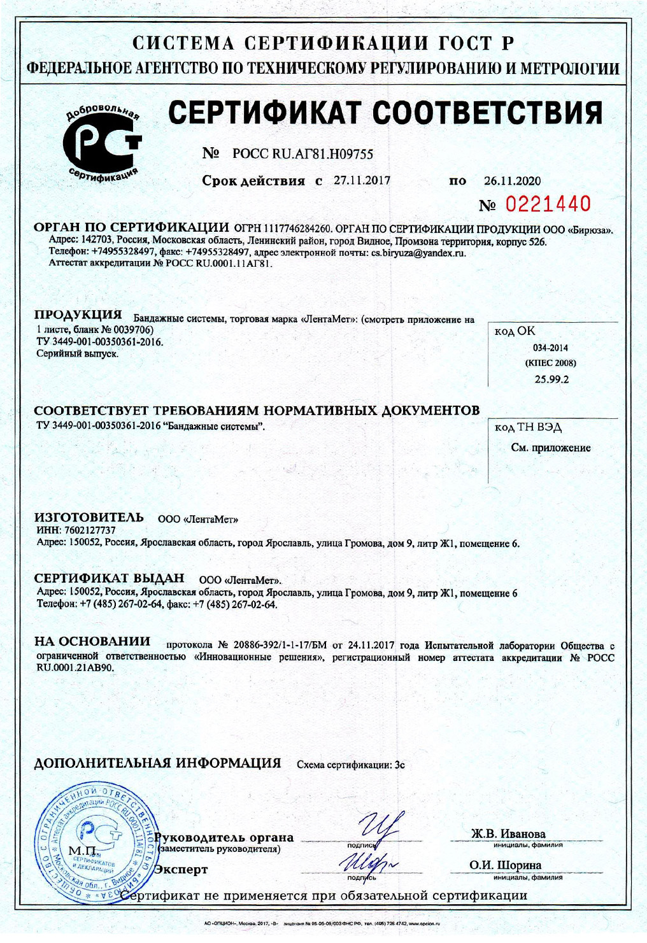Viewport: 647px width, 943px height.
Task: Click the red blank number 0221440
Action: coord(548,204)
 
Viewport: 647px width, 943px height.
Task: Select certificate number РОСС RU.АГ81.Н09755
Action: coord(302,154)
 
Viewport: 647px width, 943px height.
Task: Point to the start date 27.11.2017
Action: coord(362,180)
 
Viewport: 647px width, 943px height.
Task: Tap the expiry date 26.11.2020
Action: coord(512,181)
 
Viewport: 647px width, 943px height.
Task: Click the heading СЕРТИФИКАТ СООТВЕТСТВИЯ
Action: coord(386,113)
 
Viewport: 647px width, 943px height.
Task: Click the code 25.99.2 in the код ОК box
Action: coord(551,379)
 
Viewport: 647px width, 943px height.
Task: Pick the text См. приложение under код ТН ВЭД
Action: coord(551,448)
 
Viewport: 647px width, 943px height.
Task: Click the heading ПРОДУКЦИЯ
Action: coord(78,315)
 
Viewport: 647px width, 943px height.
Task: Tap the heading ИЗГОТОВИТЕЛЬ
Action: coord(89,517)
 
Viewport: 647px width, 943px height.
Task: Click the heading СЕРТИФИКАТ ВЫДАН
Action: coord(109,578)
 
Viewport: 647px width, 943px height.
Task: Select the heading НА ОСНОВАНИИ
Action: coord(92,641)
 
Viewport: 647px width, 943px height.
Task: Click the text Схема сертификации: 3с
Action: coord(351,765)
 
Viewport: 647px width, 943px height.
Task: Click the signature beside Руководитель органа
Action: coord(381,829)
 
